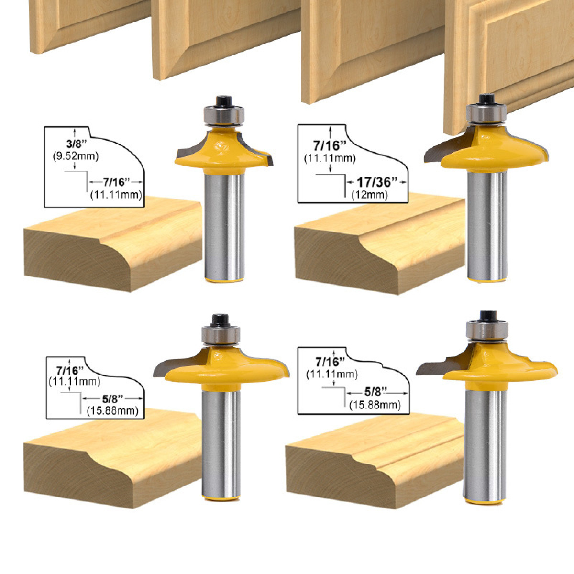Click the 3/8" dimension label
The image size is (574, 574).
(76, 143)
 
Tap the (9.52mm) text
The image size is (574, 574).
(76, 156)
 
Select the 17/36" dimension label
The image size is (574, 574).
(377, 182)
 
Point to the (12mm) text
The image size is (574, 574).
(370, 195)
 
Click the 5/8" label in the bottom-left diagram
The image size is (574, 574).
(113, 398)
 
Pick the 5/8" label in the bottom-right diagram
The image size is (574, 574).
(375, 392)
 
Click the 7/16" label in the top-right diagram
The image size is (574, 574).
(330, 146)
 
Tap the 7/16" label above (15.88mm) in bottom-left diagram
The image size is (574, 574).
(70, 370)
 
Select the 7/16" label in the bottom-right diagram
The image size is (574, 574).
(330, 362)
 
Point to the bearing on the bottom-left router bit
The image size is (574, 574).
(221, 334)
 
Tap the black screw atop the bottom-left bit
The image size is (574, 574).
(221, 320)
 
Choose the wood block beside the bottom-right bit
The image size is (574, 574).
(375, 461)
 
